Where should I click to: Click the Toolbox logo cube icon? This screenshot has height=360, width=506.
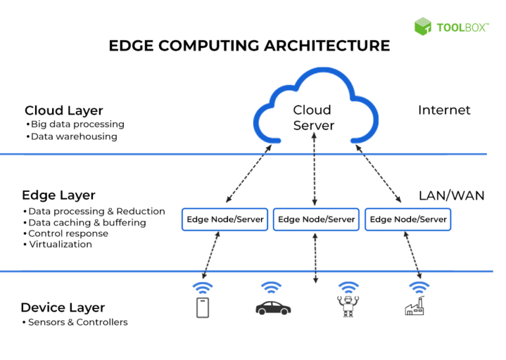point(423,26)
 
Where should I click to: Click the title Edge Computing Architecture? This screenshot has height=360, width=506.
point(249,45)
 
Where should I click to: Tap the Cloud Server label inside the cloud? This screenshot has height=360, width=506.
point(313,117)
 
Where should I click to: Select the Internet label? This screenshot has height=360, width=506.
point(444,110)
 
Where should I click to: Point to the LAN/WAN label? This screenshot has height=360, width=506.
point(451,195)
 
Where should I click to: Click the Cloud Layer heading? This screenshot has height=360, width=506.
point(64,111)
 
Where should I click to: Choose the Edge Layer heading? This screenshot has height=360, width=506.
point(59,195)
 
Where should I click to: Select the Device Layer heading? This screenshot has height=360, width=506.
point(63,307)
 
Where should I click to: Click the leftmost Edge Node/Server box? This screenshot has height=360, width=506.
point(225,220)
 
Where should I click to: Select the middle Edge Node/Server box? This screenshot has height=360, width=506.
point(316,220)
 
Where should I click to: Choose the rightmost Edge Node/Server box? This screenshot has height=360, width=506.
point(408,220)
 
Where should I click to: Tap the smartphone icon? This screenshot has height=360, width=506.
point(203,307)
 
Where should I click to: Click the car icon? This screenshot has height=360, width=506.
point(273,307)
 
